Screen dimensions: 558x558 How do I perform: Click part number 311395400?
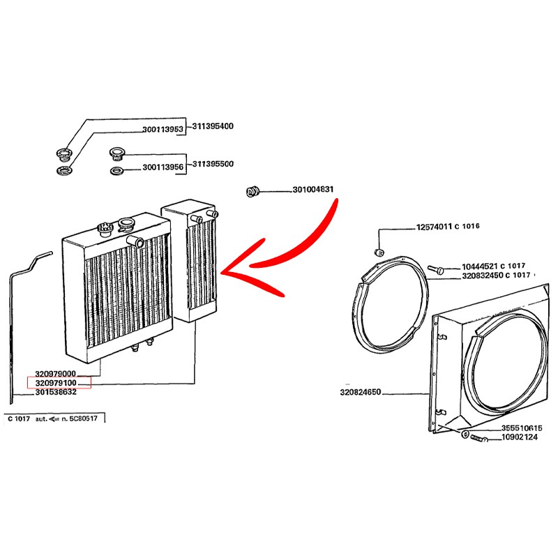213,126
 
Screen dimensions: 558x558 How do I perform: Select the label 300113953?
163,130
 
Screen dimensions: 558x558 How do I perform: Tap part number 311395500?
213,164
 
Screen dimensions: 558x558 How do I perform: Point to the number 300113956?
163,167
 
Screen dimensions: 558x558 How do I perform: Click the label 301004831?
313,190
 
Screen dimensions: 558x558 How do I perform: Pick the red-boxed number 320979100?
56,383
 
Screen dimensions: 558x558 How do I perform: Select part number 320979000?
56,374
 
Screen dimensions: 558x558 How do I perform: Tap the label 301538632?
56,392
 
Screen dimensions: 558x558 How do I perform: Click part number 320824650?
361,392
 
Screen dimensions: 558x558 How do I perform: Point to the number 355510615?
522,428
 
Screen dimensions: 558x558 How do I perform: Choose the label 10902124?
520,437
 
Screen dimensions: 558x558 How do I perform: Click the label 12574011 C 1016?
448,226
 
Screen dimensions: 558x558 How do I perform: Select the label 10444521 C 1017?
494,266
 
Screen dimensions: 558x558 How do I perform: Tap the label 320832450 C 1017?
496,276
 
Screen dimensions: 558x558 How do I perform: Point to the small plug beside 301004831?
252,192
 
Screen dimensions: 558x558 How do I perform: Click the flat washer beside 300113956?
116,171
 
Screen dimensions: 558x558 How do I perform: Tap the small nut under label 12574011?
379,252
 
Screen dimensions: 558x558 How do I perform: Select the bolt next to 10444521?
435,269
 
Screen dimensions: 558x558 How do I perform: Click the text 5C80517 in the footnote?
83,418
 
